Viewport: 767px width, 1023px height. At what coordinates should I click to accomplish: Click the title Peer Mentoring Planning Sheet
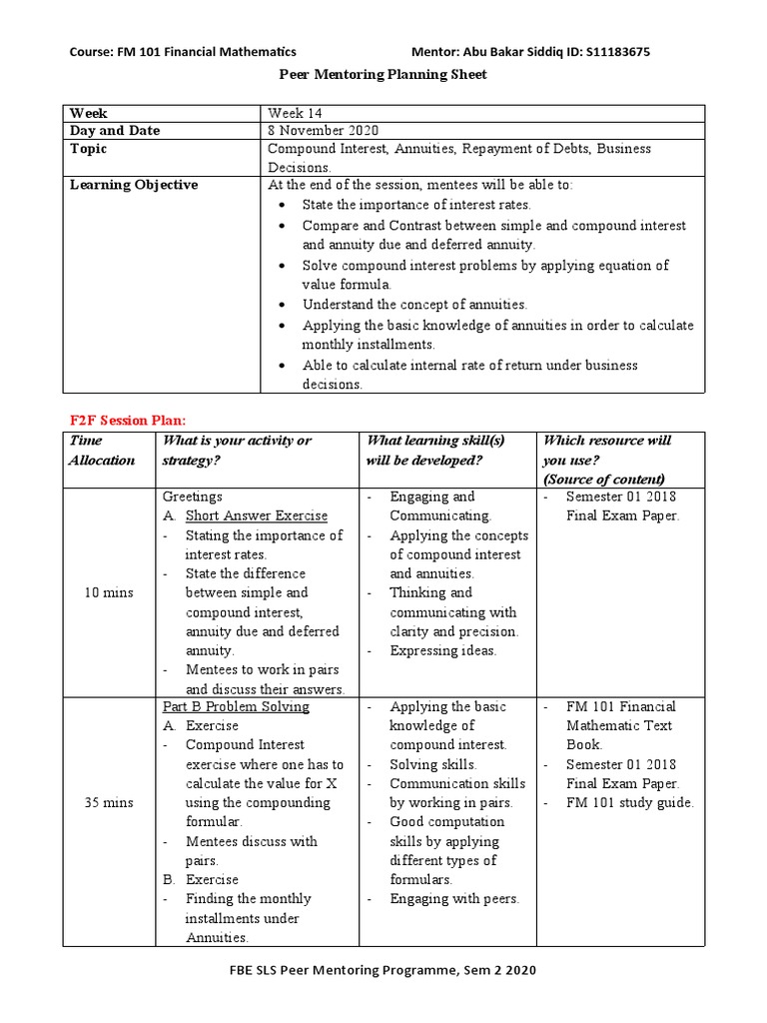pos(382,75)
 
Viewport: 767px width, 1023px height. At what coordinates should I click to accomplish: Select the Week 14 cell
pos(295,113)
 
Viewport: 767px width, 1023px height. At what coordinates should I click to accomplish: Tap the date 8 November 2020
pos(324,131)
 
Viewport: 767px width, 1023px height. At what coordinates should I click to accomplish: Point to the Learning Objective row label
pos(133,185)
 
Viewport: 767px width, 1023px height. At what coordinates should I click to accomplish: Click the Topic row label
pos(89,149)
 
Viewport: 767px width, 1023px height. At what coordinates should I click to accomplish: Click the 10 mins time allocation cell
pos(109,592)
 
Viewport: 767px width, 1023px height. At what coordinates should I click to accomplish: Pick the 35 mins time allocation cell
pos(109,802)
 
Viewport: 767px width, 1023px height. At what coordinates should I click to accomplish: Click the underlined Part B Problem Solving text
pos(236,706)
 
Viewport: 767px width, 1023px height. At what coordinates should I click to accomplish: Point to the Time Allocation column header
pos(101,450)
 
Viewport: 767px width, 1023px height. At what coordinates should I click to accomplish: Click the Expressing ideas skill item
pos(442,650)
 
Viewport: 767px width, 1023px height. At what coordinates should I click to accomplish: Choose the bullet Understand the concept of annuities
pos(414,304)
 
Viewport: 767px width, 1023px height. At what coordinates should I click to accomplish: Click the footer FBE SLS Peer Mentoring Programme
pos(383,970)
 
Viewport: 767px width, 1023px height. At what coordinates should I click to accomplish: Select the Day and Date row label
pos(114,131)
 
